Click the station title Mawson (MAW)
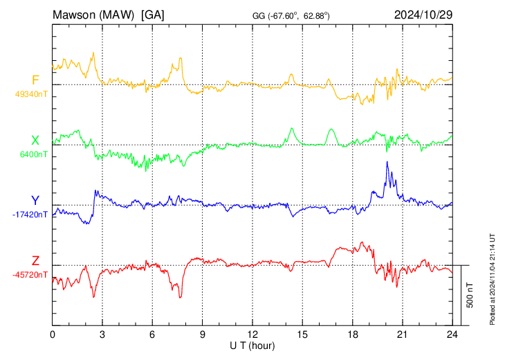click(x=93, y=15)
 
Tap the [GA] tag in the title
click(x=153, y=15)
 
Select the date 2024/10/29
click(x=423, y=15)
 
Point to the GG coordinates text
click(x=291, y=16)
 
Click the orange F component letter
click(x=35, y=80)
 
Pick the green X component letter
click(x=35, y=141)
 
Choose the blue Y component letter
click(x=35, y=201)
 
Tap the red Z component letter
click(x=35, y=260)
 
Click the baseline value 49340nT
click(x=31, y=94)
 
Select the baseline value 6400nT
click(x=33, y=154)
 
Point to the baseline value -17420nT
click(x=30, y=215)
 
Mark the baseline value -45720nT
click(x=30, y=275)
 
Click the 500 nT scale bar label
click(x=470, y=295)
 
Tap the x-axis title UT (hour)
click(x=252, y=346)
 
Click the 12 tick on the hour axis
click(x=252, y=334)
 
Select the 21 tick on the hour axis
click(x=403, y=334)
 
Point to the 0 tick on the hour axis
click(x=53, y=334)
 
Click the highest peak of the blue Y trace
click(x=387, y=161)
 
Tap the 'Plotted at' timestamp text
click(x=492, y=279)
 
